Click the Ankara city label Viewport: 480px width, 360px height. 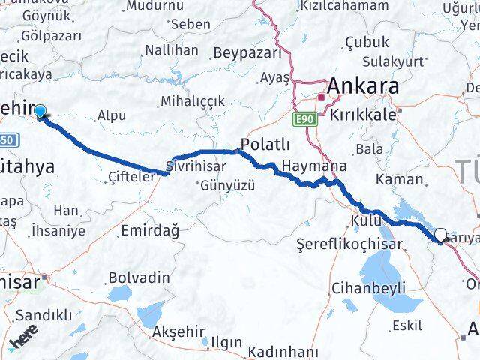click(x=361, y=86)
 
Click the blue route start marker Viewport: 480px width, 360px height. click(x=40, y=112)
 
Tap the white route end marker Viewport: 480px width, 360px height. click(x=440, y=235)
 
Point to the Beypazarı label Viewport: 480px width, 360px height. click(x=247, y=53)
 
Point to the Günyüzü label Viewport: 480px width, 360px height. click(x=226, y=184)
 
